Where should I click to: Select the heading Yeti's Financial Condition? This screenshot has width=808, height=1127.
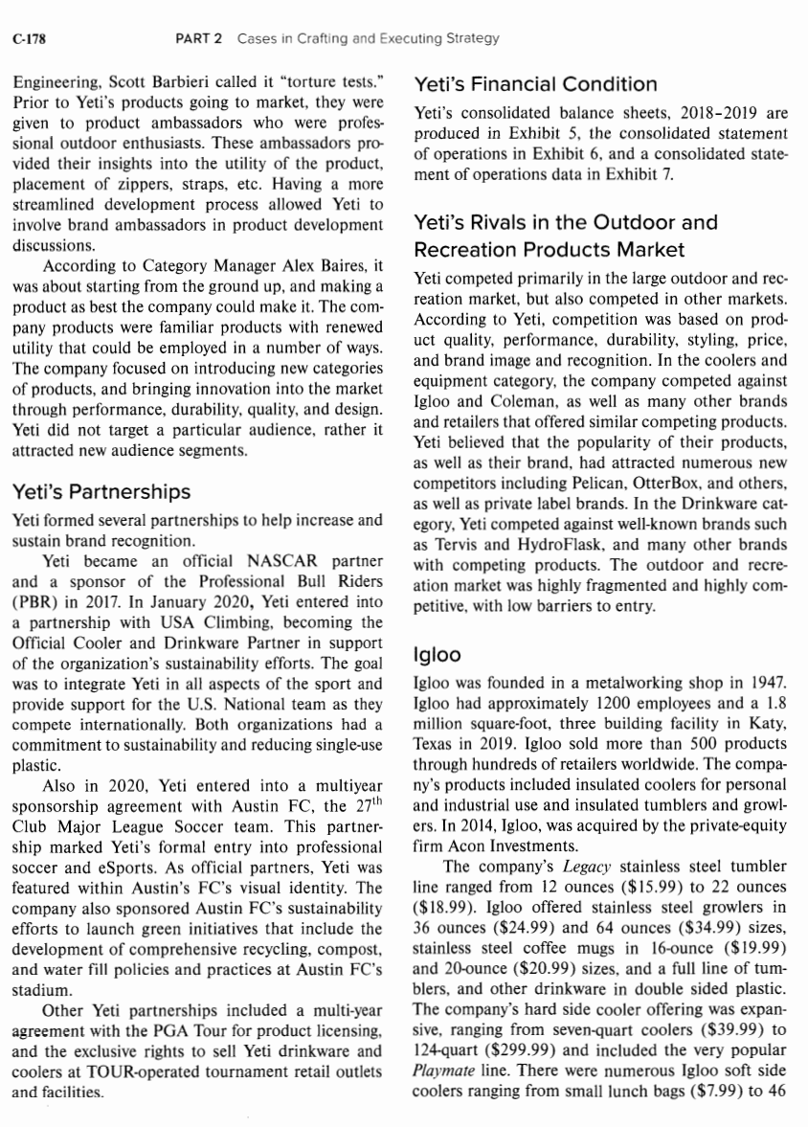(x=534, y=84)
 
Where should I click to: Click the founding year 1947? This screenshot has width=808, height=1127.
(x=769, y=682)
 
